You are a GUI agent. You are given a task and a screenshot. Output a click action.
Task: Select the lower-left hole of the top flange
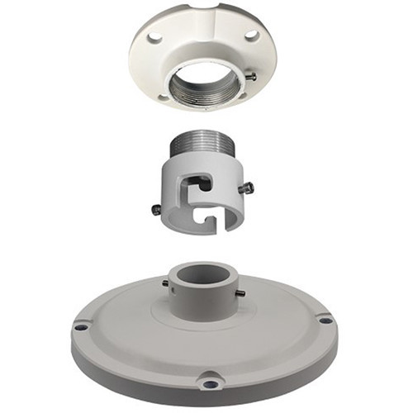162,97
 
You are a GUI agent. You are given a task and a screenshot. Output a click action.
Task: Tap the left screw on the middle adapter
157,209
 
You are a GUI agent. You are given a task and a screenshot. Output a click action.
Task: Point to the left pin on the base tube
165,284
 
